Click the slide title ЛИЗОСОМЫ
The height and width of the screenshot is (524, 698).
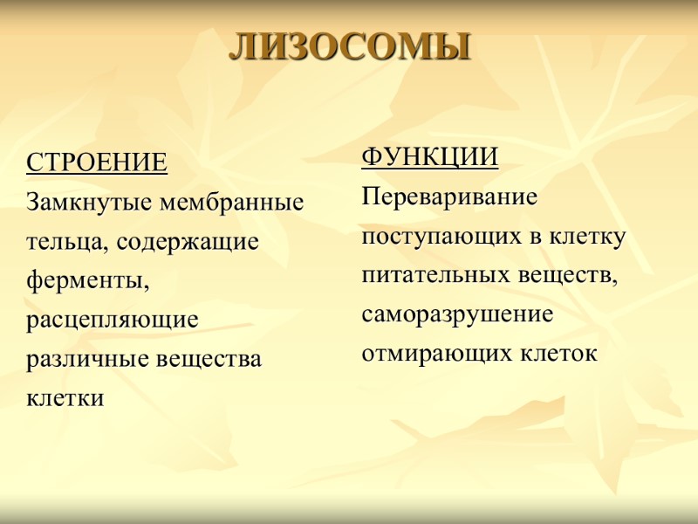pyautogui.click(x=349, y=47)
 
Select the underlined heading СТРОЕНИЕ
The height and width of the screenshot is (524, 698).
pyautogui.click(x=97, y=163)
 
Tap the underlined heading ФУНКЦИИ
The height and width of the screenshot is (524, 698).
pyautogui.click(x=429, y=158)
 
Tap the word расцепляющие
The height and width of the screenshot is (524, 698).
pyautogui.click(x=113, y=321)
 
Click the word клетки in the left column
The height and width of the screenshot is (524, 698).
pyautogui.click(x=65, y=398)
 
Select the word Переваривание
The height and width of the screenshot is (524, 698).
pyautogui.click(x=449, y=197)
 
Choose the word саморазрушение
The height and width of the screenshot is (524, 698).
pyautogui.click(x=457, y=314)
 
